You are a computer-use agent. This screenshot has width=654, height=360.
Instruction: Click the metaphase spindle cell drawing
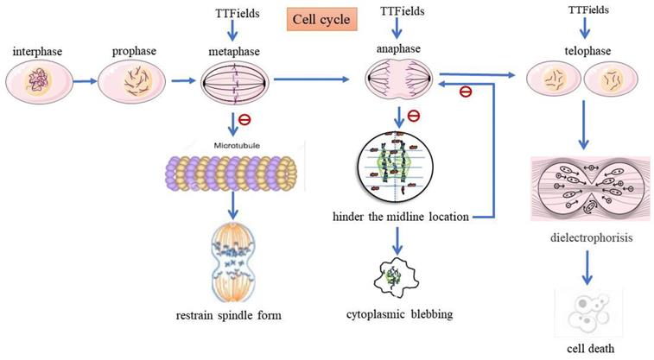(236, 84)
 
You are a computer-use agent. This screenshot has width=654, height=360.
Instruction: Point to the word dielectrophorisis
(587, 234)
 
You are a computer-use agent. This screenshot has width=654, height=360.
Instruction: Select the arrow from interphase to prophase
(85, 84)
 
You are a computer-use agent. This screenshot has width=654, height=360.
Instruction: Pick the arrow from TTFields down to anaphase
(397, 31)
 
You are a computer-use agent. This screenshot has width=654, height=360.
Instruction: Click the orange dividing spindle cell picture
(232, 258)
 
